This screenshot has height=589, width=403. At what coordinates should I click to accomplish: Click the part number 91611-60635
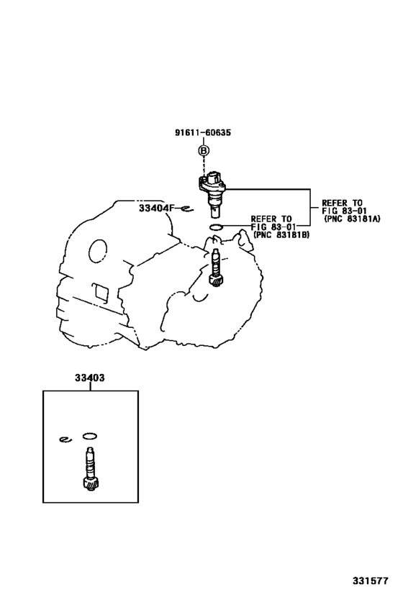202,132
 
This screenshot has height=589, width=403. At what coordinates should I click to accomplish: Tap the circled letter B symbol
203,150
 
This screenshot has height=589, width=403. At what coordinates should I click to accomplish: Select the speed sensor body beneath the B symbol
213,189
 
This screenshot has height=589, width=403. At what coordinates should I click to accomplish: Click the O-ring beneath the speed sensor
214,228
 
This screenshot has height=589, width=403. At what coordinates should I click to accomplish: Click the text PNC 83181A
353,218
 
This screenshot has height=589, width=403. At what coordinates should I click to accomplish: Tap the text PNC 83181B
281,234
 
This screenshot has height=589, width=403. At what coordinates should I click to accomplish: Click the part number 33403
89,378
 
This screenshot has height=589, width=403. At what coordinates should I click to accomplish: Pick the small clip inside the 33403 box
65,439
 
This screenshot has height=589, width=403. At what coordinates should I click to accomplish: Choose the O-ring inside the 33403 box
90,435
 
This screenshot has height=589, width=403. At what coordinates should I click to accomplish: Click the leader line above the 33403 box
89,386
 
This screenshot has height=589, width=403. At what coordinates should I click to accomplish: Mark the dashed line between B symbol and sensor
204,164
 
